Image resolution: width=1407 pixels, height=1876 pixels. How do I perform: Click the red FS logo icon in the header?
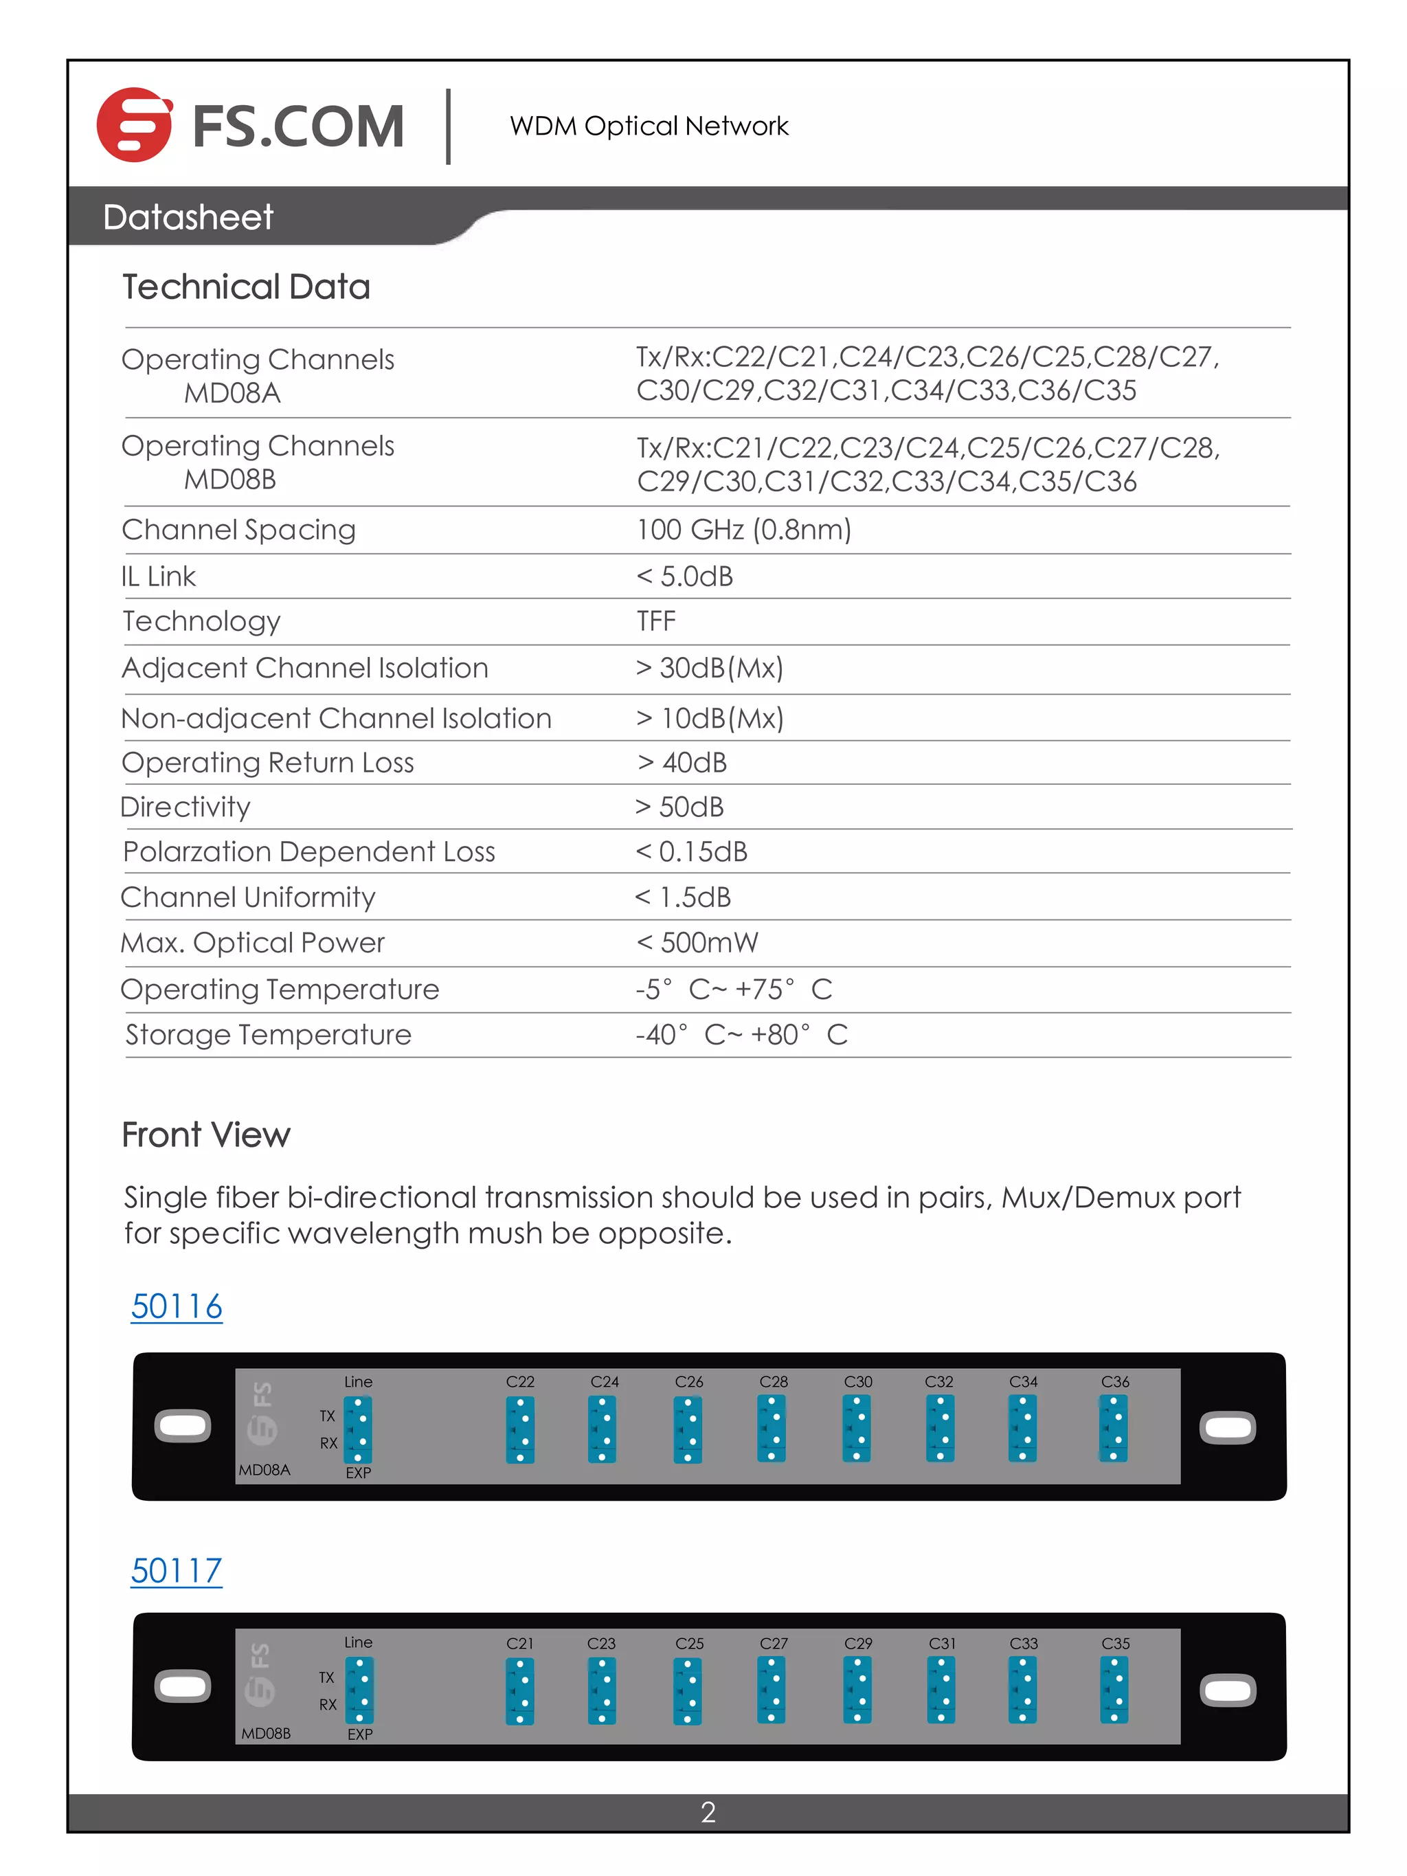click(134, 124)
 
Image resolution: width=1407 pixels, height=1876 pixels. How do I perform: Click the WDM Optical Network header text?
click(649, 126)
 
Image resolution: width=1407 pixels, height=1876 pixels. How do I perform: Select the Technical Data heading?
click(246, 287)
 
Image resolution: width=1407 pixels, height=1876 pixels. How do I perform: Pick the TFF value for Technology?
click(656, 621)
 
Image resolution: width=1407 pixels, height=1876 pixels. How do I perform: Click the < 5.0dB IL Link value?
click(684, 576)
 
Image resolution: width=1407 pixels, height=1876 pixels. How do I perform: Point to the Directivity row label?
click(185, 807)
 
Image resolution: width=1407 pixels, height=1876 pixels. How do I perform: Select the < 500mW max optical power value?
click(697, 942)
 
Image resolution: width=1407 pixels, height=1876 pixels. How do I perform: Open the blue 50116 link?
click(177, 1306)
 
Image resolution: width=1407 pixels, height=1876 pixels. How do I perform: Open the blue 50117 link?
click(177, 1571)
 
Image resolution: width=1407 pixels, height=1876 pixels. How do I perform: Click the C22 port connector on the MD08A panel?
click(520, 1430)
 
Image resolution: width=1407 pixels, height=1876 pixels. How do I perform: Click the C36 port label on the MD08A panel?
click(1114, 1381)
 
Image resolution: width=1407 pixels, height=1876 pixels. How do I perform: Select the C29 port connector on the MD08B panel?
click(857, 1690)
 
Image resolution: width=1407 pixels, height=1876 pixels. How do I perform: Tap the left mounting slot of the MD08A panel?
click(182, 1426)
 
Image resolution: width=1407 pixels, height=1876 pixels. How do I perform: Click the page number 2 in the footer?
click(708, 1812)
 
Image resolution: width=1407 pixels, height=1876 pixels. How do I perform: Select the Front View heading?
click(206, 1135)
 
